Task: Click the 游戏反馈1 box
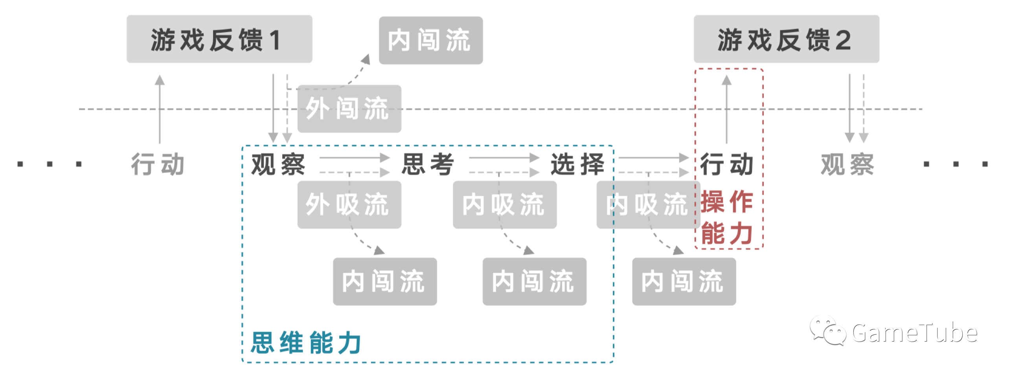[219, 39]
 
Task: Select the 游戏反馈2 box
[786, 39]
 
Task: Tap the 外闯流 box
[349, 108]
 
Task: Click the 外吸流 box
[349, 204]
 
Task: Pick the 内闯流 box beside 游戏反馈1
[431, 40]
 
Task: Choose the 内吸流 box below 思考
[505, 204]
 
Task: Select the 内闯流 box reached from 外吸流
[385, 281]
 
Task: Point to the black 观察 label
[278, 164]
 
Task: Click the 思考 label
[428, 164]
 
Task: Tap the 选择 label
[577, 164]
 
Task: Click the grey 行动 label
[158, 164]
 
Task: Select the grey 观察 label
[847, 164]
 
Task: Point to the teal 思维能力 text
[306, 342]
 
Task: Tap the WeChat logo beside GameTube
[827, 330]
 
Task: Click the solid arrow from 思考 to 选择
[504, 158]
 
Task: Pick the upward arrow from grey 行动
[160, 109]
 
